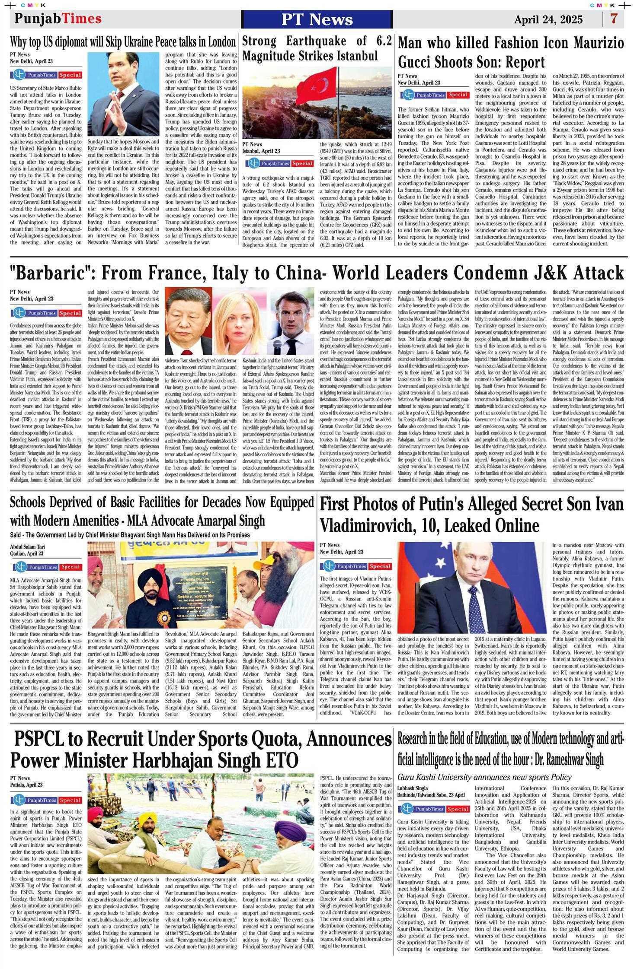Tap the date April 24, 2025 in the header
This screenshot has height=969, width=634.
tap(548, 19)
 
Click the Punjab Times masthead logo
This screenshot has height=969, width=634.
tap(58, 19)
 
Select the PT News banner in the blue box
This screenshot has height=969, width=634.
tap(317, 19)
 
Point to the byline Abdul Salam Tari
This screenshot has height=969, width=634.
tap(27, 546)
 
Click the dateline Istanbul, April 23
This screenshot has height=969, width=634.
tap(261, 151)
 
